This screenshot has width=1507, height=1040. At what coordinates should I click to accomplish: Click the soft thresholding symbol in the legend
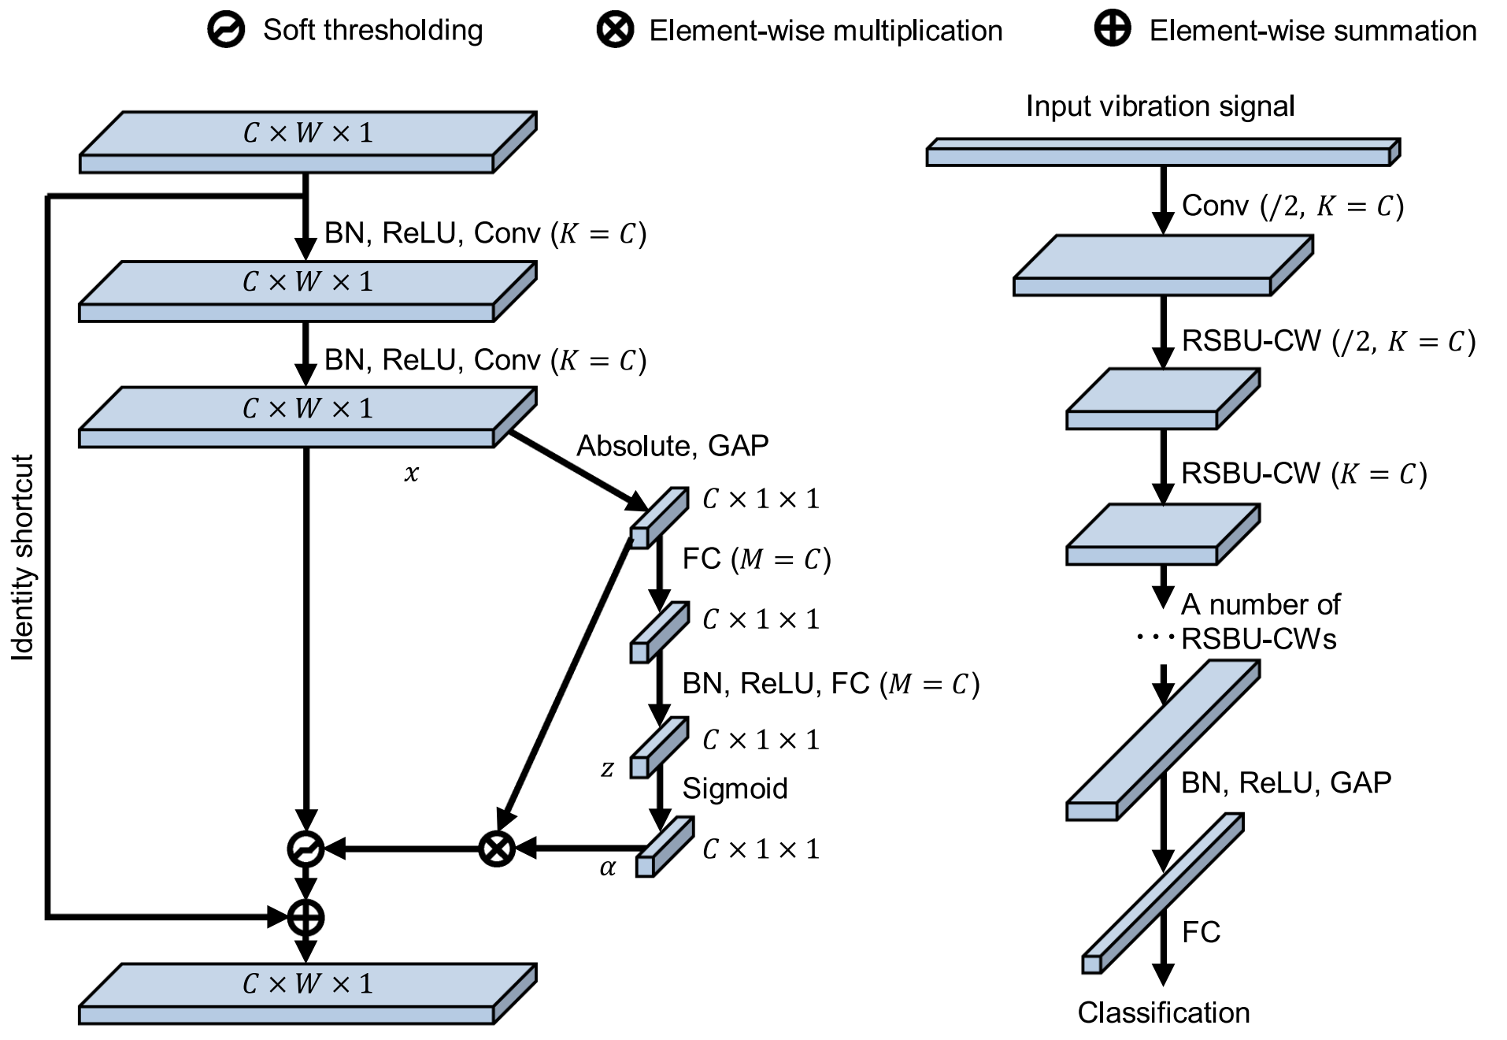pyautogui.click(x=226, y=30)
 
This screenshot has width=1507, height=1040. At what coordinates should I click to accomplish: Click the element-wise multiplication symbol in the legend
pyautogui.click(x=615, y=30)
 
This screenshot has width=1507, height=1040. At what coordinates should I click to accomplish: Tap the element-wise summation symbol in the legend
pyautogui.click(x=1113, y=29)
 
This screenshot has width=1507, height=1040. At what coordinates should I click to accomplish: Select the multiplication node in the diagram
pyautogui.click(x=497, y=849)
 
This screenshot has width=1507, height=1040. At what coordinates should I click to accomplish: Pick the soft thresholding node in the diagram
pyautogui.click(x=305, y=849)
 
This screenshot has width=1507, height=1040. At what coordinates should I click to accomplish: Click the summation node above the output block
pyautogui.click(x=305, y=917)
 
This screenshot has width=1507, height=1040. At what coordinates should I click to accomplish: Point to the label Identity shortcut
pyautogui.click(x=23, y=557)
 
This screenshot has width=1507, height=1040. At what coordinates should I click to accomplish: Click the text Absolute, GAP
pyautogui.click(x=672, y=446)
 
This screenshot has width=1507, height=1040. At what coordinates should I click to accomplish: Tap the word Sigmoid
pyautogui.click(x=735, y=788)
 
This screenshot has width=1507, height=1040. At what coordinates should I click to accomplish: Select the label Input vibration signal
pyautogui.click(x=1160, y=106)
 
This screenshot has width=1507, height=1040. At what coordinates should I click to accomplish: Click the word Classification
pyautogui.click(x=1163, y=1012)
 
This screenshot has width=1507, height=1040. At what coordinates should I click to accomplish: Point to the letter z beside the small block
pyautogui.click(x=607, y=768)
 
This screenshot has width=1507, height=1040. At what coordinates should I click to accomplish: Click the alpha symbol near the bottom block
pyautogui.click(x=607, y=867)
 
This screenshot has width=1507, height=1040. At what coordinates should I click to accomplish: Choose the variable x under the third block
pyautogui.click(x=411, y=473)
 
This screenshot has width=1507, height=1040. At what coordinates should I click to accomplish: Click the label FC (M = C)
pyautogui.click(x=757, y=559)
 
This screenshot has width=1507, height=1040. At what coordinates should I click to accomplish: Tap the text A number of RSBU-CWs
pyautogui.click(x=1260, y=621)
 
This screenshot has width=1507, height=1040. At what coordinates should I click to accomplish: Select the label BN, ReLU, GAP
pyautogui.click(x=1286, y=782)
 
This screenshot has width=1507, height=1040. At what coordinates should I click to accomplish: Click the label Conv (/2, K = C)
pyautogui.click(x=1292, y=206)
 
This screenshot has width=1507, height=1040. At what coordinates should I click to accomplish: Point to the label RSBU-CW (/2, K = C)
pyautogui.click(x=1328, y=341)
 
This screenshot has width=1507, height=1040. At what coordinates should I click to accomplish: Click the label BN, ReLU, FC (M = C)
pyautogui.click(x=831, y=683)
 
